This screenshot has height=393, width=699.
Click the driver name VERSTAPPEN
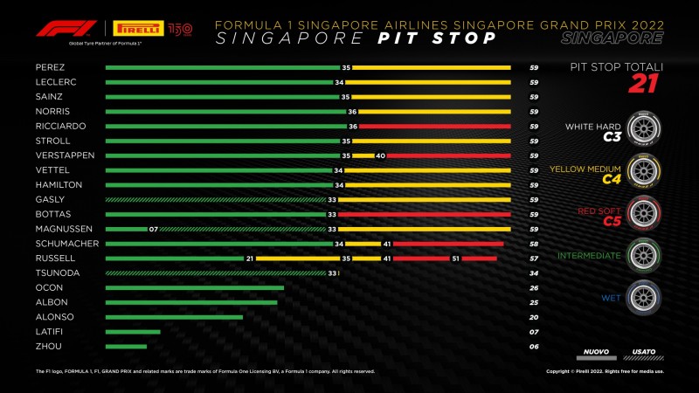(59, 155)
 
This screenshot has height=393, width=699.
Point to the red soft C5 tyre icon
(644, 212)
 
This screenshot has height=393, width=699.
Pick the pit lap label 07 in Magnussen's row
(152, 229)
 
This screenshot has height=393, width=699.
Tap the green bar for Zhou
(126, 347)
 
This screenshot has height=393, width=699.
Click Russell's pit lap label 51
(455, 259)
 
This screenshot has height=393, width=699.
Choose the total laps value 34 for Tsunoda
(533, 273)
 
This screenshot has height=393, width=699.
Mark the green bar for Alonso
(174, 317)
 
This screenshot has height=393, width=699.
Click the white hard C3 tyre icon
(644, 127)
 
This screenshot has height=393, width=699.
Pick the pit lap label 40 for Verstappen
(380, 155)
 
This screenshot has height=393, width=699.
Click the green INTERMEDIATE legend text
(591, 256)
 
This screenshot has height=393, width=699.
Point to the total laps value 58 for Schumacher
(533, 244)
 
